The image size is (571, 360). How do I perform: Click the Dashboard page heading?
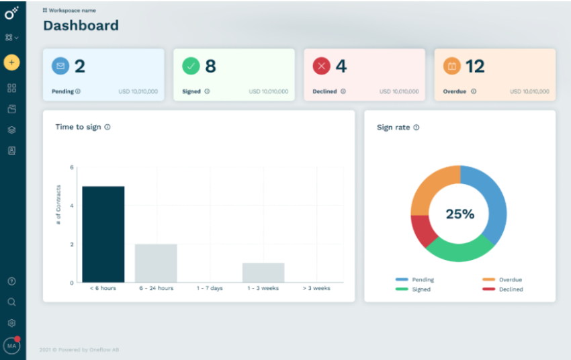click(81, 26)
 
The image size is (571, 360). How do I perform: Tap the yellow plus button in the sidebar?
click(11, 62)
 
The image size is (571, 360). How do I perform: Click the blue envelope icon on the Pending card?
click(60, 66)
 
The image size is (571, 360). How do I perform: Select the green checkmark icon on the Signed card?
click(191, 66)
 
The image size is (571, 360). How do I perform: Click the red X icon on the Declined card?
click(322, 66)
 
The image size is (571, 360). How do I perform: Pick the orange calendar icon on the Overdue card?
click(452, 66)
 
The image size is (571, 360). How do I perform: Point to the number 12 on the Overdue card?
click(475, 66)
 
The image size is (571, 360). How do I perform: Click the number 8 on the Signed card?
click(210, 66)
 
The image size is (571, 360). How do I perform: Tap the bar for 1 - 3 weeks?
click(263, 272)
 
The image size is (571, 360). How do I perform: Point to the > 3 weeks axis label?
click(316, 288)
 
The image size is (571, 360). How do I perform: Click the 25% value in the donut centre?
click(460, 214)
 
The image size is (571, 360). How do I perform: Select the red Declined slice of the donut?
click(422, 230)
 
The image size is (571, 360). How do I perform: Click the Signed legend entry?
click(421, 289)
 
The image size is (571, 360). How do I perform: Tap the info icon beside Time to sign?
click(107, 127)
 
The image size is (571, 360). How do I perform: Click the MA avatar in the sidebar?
click(11, 345)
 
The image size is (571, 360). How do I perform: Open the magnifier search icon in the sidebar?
click(11, 302)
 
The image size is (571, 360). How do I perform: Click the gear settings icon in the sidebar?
click(11, 323)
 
